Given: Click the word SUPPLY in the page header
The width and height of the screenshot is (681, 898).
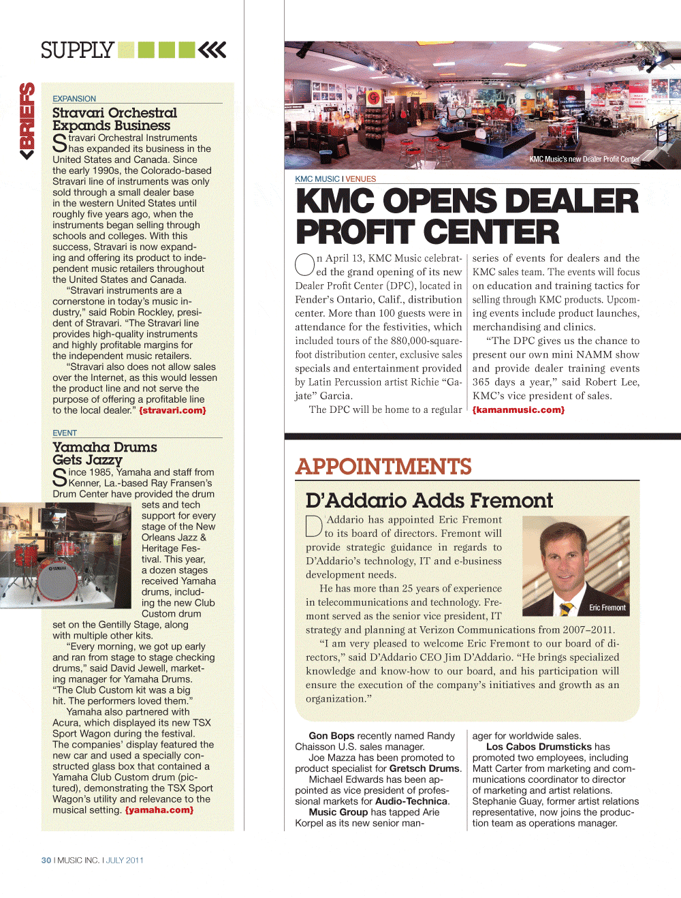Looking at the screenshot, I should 77,50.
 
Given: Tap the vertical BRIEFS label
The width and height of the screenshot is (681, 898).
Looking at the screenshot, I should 27,121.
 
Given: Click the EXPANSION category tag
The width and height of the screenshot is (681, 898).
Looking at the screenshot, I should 74,99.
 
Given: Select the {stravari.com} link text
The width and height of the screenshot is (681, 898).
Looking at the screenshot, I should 172,410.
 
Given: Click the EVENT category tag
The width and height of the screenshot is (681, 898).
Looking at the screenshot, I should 65,433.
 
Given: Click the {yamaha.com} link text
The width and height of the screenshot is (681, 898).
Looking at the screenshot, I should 159,810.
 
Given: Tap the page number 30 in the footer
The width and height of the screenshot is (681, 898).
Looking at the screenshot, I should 46,861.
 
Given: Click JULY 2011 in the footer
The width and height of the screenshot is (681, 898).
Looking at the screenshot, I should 125,861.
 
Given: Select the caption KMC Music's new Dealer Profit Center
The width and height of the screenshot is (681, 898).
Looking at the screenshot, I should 584,159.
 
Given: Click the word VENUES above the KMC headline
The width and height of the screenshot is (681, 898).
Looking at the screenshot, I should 360,179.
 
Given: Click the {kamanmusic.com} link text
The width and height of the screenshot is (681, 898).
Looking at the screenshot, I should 518,409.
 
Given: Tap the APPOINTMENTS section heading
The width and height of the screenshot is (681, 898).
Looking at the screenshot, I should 383,467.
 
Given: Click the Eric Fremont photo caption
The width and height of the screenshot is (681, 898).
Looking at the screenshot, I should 607,608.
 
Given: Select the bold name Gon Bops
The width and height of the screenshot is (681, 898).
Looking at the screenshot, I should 332,736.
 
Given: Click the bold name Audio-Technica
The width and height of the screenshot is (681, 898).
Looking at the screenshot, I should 412,801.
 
